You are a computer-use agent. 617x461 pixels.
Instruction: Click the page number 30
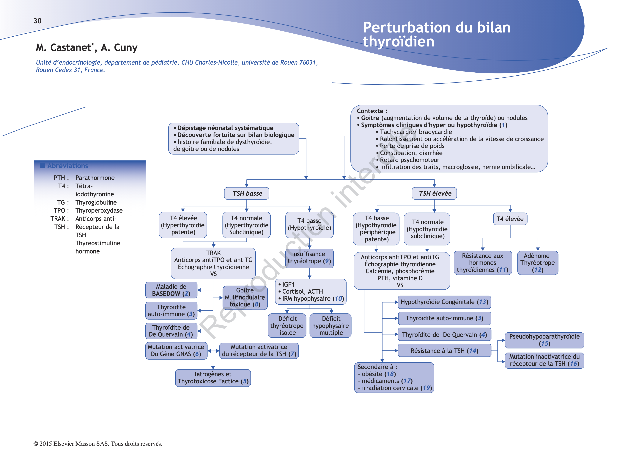(x=37, y=21)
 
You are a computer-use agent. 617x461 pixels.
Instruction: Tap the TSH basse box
(x=246, y=193)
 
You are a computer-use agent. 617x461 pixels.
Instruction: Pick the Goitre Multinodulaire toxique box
(x=245, y=298)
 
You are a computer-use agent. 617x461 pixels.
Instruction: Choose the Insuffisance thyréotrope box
(x=309, y=258)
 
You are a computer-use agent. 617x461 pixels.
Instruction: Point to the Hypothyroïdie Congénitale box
(x=444, y=302)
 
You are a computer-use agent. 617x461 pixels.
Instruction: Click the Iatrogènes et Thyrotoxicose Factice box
(x=213, y=378)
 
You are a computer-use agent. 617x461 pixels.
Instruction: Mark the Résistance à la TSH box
(x=444, y=351)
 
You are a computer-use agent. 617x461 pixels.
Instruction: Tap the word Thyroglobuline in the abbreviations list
(x=96, y=202)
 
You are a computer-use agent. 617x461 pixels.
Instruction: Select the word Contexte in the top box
(x=370, y=111)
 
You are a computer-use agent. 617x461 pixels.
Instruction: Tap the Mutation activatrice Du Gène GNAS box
(x=176, y=351)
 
